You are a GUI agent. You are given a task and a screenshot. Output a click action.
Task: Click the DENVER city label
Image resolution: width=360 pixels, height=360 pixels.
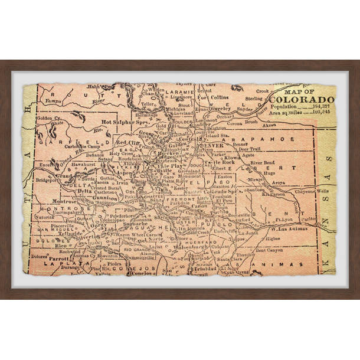[x=211, y=145]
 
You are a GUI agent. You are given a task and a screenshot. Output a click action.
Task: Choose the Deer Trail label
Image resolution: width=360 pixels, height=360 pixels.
[x=248, y=149]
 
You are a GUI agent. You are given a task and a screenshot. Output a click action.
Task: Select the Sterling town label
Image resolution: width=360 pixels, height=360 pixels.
[x=255, y=99]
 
